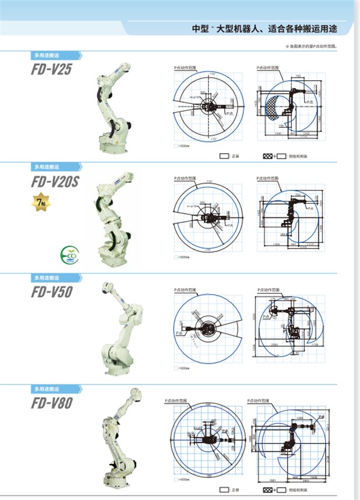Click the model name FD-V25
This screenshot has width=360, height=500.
coord(52,70)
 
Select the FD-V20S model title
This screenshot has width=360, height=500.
coord(55,181)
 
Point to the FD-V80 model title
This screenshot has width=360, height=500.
coord(52,402)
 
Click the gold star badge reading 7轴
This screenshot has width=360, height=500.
coord(40,203)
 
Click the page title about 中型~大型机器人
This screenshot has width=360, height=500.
coord(265,28)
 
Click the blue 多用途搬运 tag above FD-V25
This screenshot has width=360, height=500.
coord(56,56)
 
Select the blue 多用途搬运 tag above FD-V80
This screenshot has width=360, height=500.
coord(56,389)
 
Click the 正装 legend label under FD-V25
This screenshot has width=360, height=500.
coord(236,156)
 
